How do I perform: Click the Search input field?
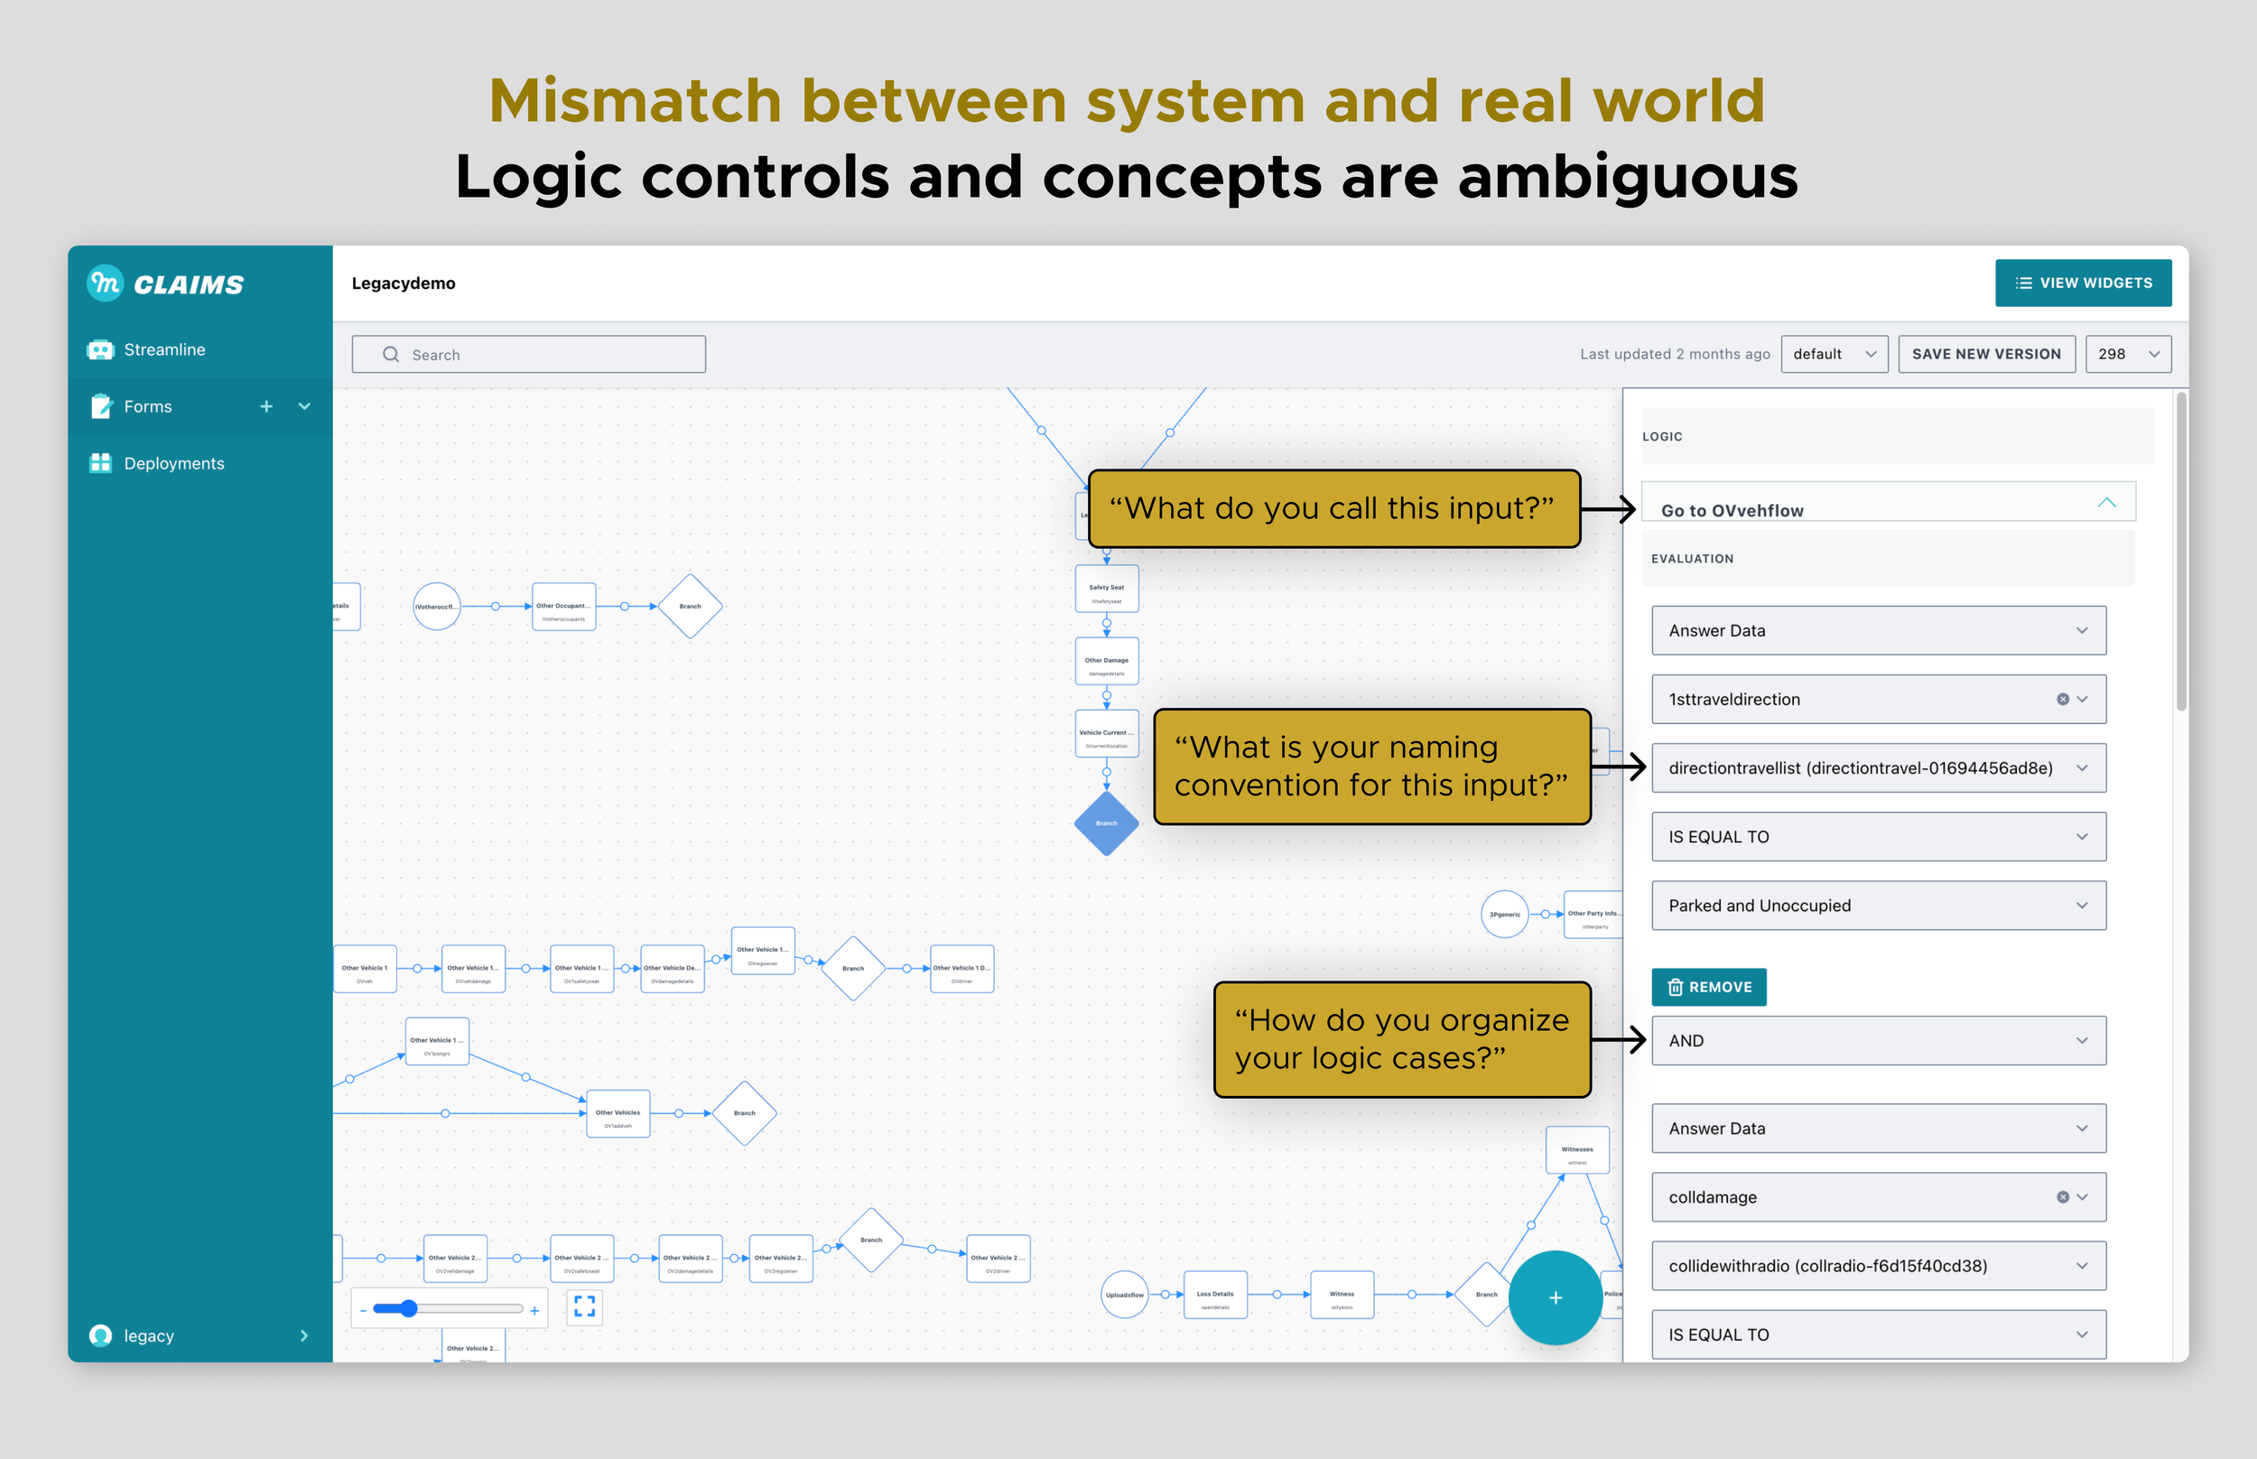click(528, 354)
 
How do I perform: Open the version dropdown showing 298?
click(2127, 354)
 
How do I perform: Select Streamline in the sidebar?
click(163, 349)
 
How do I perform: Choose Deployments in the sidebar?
click(173, 463)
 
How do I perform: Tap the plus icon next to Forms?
click(266, 406)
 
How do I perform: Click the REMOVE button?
click(1709, 987)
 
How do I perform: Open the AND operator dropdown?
click(1877, 1040)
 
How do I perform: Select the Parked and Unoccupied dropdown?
click(1877, 906)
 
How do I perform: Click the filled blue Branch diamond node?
click(1106, 823)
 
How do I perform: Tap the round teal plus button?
click(1556, 1298)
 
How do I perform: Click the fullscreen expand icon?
click(584, 1306)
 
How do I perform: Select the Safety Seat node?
click(1106, 590)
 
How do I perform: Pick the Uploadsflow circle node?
click(1124, 1294)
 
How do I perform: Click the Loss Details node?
click(1215, 1295)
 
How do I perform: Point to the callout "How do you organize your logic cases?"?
click(1401, 1039)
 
